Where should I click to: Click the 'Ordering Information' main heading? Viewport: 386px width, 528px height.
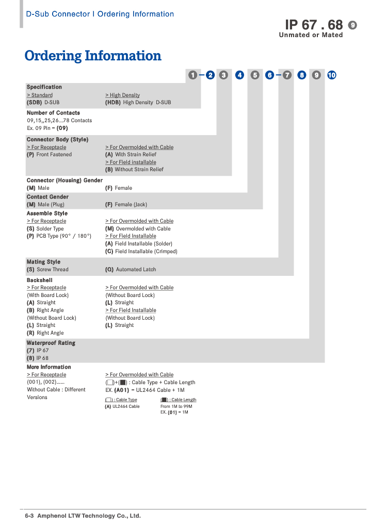pyautogui.click(x=93, y=56)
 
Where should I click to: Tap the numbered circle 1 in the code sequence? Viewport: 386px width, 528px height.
pyautogui.click(x=192, y=75)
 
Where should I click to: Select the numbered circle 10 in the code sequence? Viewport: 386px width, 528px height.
pyautogui.click(x=331, y=75)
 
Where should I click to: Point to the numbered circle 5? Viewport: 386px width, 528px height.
pyautogui.click(x=255, y=75)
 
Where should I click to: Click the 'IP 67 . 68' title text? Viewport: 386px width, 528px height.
pyautogui.click(x=314, y=24)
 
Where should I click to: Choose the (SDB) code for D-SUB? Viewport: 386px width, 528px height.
pyautogui.click(x=34, y=103)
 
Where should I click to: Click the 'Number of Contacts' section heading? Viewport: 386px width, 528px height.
pyautogui.click(x=53, y=113)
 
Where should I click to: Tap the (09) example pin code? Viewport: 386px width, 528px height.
pyautogui.click(x=62, y=128)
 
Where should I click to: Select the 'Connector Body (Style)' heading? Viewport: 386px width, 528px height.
pyautogui.click(x=57, y=140)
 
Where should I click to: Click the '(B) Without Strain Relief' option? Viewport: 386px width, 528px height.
pyautogui.click(x=134, y=170)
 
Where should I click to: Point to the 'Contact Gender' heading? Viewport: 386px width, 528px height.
pyautogui.click(x=47, y=197)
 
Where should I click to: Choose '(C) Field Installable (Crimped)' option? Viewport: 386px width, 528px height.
pyautogui.click(x=141, y=252)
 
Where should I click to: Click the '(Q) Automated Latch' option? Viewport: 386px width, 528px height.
pyautogui.click(x=130, y=270)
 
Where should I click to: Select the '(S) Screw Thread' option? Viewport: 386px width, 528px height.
pyautogui.click(x=47, y=270)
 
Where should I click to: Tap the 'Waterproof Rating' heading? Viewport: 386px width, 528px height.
pyautogui.click(x=51, y=343)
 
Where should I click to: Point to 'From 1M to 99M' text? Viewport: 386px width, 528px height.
pyautogui.click(x=176, y=406)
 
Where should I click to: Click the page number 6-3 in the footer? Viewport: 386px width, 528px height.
pyautogui.click(x=29, y=516)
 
